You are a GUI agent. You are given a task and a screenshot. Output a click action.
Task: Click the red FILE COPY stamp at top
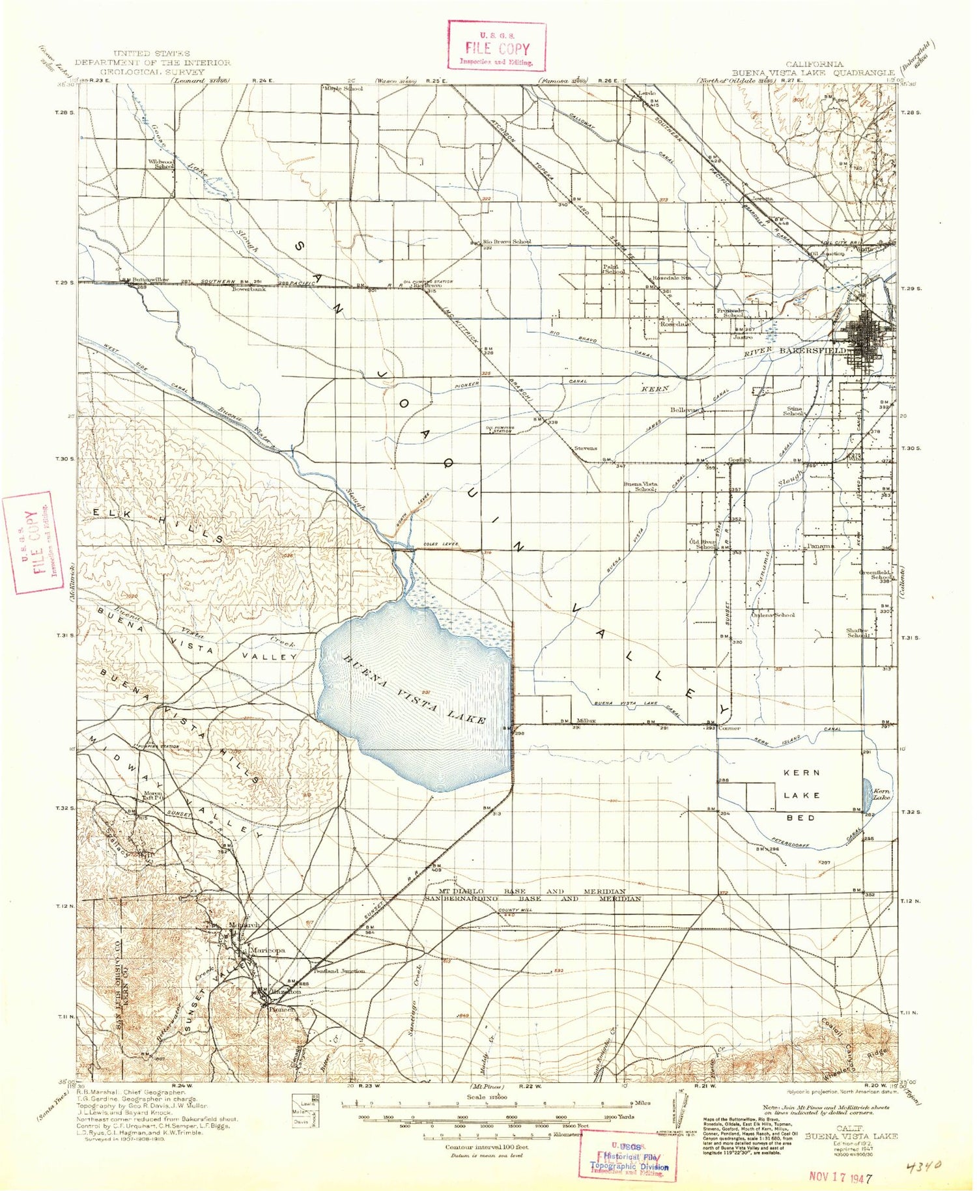(x=497, y=46)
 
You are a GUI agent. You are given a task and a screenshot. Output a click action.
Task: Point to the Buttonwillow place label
(x=150, y=279)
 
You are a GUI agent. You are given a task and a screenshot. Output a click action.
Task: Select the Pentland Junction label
(x=339, y=971)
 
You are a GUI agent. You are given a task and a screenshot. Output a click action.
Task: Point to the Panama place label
(x=821, y=546)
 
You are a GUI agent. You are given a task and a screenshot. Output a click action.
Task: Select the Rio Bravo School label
(x=507, y=242)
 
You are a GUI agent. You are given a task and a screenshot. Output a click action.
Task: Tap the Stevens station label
(x=585, y=449)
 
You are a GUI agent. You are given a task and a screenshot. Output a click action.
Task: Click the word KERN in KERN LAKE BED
(x=801, y=772)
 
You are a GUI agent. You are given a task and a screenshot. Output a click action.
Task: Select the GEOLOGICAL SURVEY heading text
(x=152, y=72)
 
